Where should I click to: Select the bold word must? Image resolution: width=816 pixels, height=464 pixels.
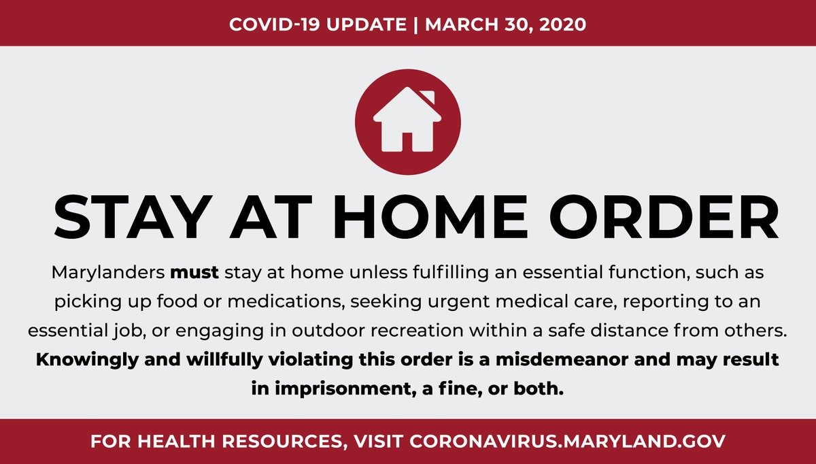[x=194, y=274]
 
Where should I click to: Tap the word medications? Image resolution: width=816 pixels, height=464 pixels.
[x=278, y=301]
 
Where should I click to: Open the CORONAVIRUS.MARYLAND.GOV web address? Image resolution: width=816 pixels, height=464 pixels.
[x=568, y=440]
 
